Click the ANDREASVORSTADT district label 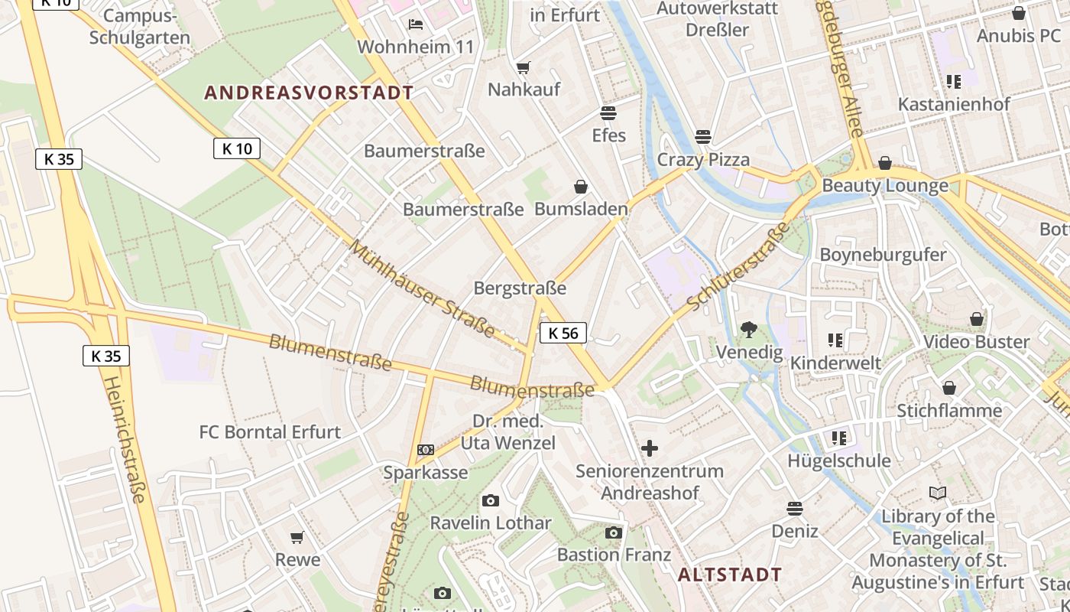tap(309, 93)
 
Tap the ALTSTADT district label tap(730, 575)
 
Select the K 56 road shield tap(563, 333)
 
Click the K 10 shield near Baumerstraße tap(237, 148)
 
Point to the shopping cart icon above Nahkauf tap(524, 68)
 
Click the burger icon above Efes tap(608, 114)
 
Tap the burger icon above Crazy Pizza tap(703, 137)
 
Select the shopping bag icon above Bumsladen tap(581, 187)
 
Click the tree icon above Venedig tap(749, 330)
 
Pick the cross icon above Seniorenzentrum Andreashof tap(649, 448)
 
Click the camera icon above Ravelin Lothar tap(491, 501)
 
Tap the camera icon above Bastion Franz tap(614, 532)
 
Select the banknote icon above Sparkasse tap(426, 450)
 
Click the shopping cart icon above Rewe tap(297, 538)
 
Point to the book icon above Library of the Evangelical tap(938, 493)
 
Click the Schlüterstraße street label tap(738, 268)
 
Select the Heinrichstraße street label tap(124, 439)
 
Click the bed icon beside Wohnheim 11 tap(416, 24)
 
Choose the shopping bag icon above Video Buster tap(977, 319)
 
